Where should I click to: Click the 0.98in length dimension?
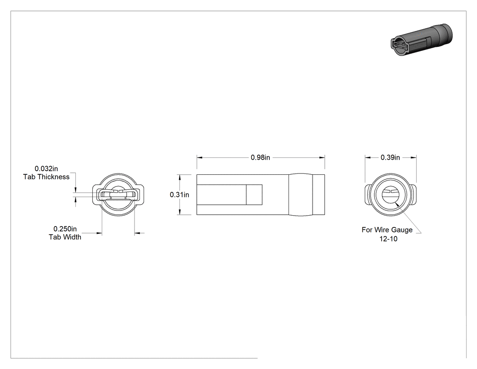[260, 157]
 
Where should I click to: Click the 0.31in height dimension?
[179, 194]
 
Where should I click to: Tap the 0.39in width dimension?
[390, 157]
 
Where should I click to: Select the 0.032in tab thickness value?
[46, 168]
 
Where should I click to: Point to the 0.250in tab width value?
[65, 229]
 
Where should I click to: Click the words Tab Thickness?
[46, 177]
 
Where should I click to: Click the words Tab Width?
[65, 237]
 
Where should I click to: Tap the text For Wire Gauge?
[387, 230]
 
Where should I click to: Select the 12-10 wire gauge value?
[388, 238]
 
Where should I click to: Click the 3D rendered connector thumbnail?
[421, 40]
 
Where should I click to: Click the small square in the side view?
[254, 194]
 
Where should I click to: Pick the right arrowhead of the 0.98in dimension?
[322, 157]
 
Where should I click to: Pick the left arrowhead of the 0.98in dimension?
[199, 157]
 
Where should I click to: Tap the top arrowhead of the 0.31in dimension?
[180, 177]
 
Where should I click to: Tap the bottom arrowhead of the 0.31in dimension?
[180, 212]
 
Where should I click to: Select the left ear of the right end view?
[368, 194]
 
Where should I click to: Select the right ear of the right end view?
[413, 194]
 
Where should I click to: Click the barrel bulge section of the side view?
[301, 194]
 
